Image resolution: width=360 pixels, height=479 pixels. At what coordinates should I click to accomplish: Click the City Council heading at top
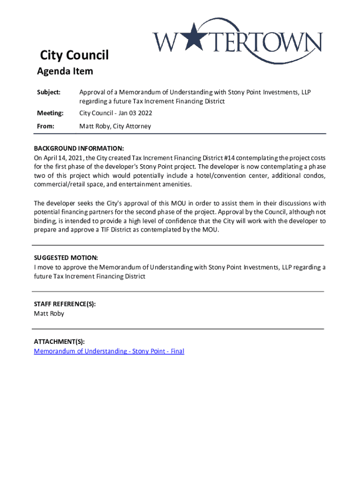pyautogui.click(x=74, y=56)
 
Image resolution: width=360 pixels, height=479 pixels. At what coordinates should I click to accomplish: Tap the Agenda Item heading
pyautogui.click(x=65, y=72)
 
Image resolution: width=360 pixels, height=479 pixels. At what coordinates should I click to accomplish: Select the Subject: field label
pyautogui.click(x=49, y=92)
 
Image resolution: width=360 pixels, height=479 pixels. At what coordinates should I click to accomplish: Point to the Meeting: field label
pyautogui.click(x=50, y=113)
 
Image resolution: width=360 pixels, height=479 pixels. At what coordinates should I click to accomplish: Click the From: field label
pyautogui.click(x=46, y=126)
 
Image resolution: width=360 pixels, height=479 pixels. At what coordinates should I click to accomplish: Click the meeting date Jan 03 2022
pyautogui.click(x=136, y=113)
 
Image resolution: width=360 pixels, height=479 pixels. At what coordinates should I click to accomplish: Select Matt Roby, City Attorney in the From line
pyautogui.click(x=115, y=126)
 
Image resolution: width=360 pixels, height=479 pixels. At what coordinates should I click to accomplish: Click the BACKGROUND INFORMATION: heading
pyautogui.click(x=79, y=148)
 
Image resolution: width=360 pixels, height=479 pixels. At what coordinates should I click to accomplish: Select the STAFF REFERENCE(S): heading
pyautogui.click(x=65, y=304)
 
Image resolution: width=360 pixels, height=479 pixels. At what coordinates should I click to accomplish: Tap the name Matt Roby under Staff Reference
pyautogui.click(x=49, y=313)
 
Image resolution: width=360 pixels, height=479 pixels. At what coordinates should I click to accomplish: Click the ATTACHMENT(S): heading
pyautogui.click(x=59, y=342)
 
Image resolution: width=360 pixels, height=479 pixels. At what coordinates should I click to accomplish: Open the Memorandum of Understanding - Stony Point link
pyautogui.click(x=109, y=351)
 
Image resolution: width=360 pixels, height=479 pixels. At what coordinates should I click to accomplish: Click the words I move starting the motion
pyautogui.click(x=45, y=267)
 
